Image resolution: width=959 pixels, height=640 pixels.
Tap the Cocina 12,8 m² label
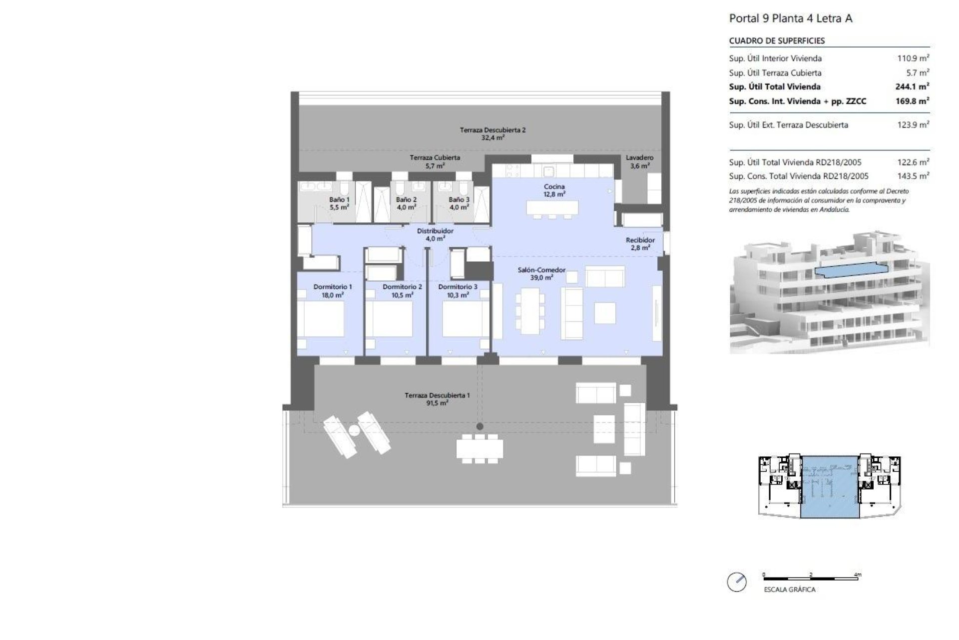[x=554, y=190]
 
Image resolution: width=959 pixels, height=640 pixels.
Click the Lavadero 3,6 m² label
[x=639, y=161]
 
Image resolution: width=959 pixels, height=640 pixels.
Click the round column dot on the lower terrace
[x=479, y=426]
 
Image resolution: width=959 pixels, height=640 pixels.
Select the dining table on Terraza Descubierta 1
[x=479, y=448]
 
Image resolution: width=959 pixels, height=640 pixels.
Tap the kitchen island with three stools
[x=552, y=207]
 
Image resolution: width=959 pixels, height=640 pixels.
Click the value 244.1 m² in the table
[x=912, y=86]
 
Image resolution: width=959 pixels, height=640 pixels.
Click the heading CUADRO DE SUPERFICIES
[x=777, y=41]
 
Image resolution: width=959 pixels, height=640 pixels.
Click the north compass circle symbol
[x=737, y=582]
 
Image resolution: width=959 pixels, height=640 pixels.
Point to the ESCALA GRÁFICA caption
[x=789, y=589]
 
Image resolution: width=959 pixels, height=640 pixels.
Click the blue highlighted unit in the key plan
[x=830, y=486]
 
